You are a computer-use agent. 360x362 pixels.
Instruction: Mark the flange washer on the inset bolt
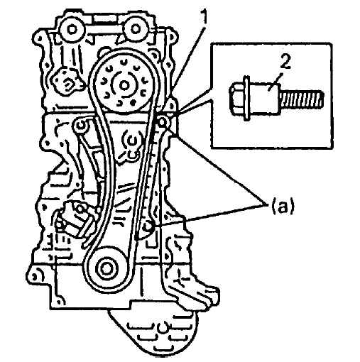point(246,98)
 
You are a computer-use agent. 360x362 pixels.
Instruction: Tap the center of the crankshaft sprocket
point(105,268)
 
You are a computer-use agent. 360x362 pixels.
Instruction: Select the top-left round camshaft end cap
point(72,30)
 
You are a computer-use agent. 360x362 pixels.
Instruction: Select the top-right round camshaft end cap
point(135,29)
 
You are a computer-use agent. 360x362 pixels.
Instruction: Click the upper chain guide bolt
point(163,122)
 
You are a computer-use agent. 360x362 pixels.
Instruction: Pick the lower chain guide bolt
point(148,226)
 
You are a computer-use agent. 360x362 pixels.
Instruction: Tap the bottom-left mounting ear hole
point(35,275)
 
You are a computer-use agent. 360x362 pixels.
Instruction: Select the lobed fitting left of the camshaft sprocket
point(67,82)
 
